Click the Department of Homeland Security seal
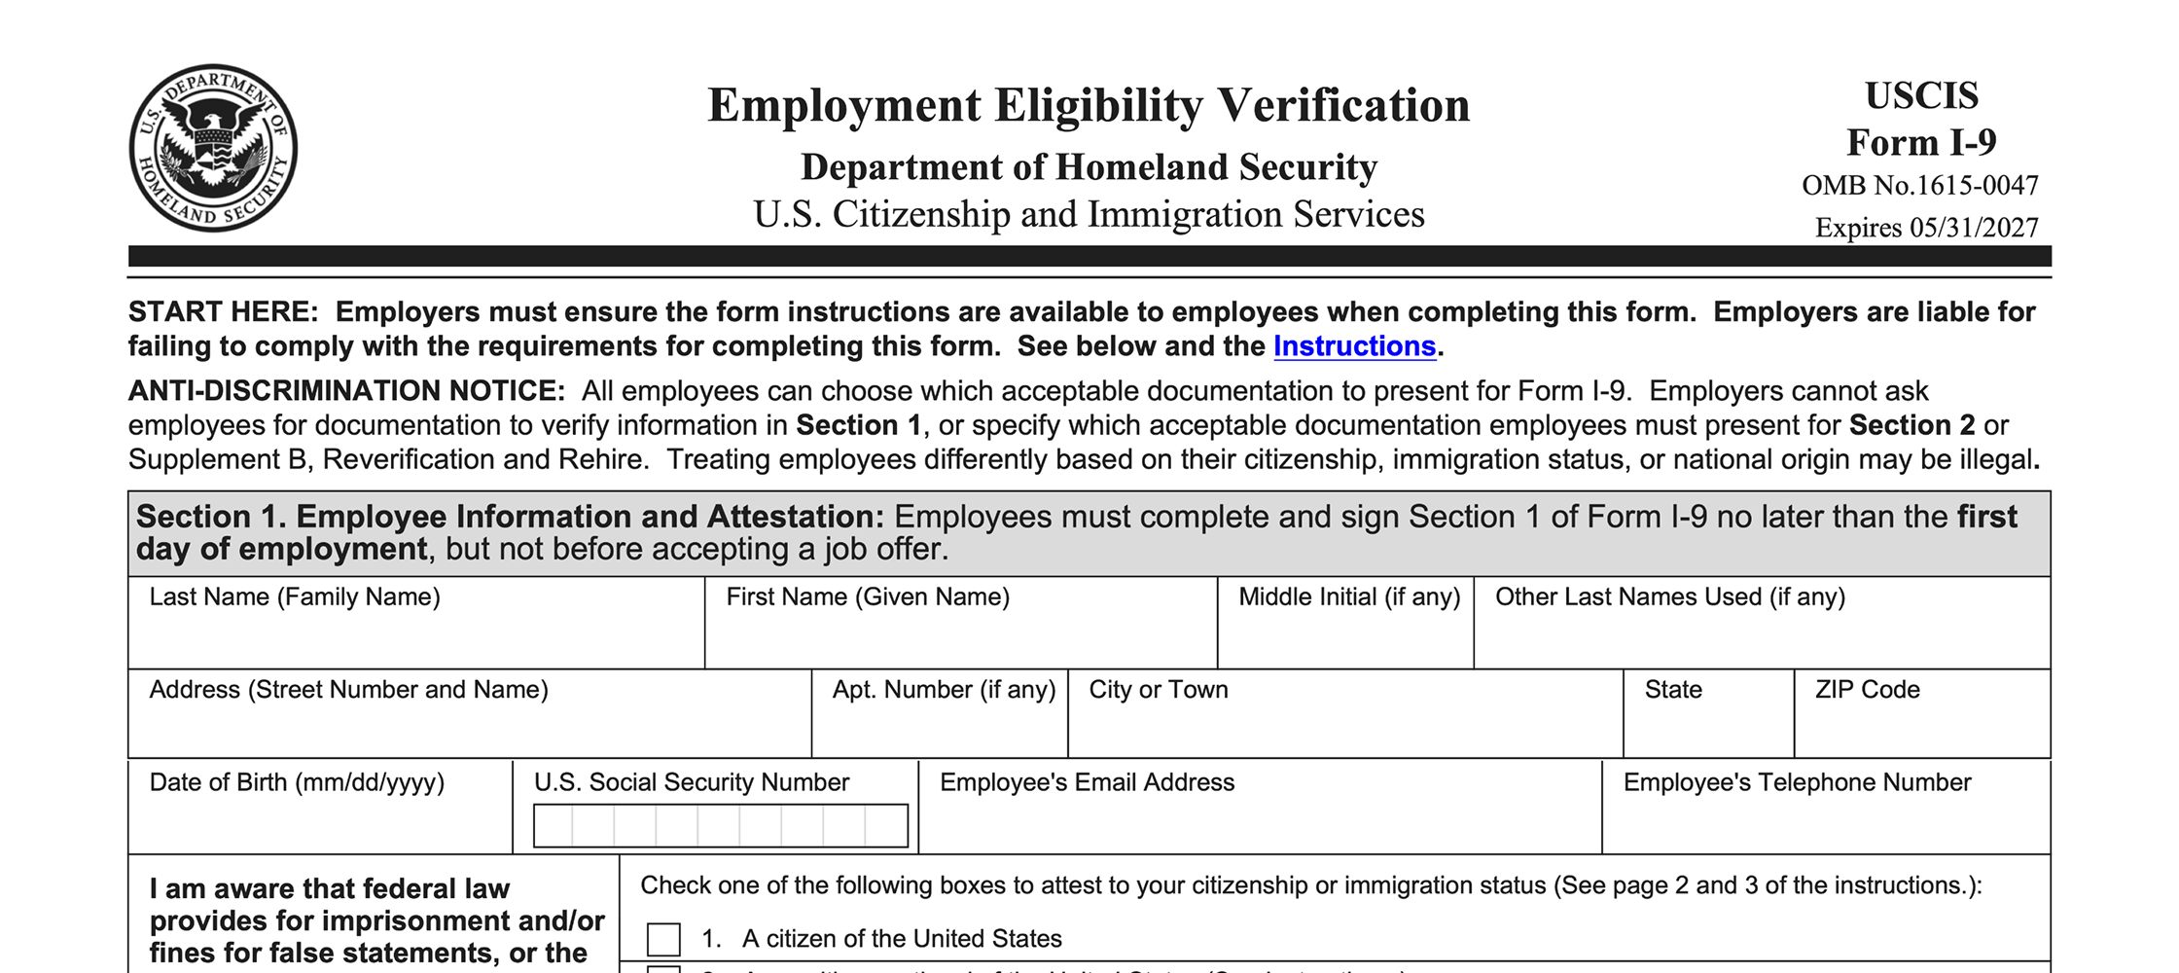[213, 149]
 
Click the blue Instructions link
[1354, 346]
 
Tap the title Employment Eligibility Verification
[1088, 105]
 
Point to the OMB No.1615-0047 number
[1919, 185]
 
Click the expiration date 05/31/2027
[1974, 228]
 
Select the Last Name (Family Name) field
[415, 637]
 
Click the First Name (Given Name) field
[960, 637]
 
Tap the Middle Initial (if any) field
[1345, 637]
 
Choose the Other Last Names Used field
[1761, 637]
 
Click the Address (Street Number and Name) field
[469, 728]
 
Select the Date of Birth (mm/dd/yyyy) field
[319, 822]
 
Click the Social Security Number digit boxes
[720, 826]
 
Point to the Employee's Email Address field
[1259, 823]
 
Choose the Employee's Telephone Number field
[1825, 823]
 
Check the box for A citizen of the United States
[663, 939]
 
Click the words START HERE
[223, 312]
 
